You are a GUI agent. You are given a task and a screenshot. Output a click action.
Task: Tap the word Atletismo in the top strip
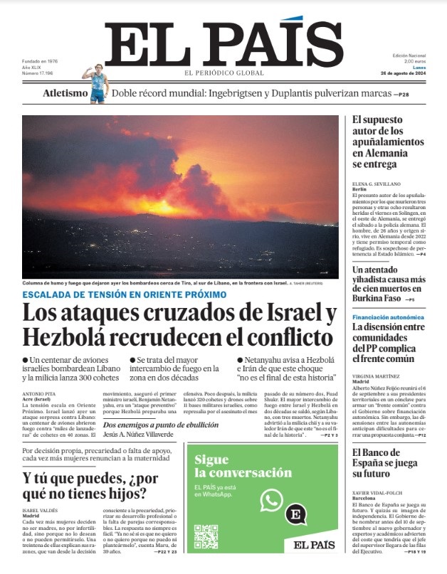(x=65, y=93)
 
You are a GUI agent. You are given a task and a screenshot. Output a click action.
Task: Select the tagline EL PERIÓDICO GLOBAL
(x=224, y=73)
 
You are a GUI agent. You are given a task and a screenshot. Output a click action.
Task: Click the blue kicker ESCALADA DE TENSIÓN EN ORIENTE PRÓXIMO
(x=125, y=294)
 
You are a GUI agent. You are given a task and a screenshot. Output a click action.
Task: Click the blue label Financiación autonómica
(x=388, y=317)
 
